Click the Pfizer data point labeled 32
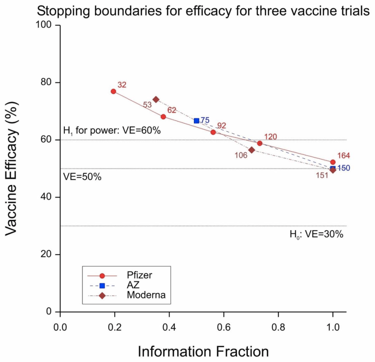click(113, 91)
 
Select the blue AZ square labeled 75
click(196, 121)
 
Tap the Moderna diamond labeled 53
click(156, 99)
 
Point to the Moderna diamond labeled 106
click(251, 150)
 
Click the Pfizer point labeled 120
click(260, 143)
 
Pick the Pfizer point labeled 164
click(333, 162)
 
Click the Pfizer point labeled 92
click(213, 132)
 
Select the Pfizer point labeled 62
click(163, 117)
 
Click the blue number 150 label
click(343, 168)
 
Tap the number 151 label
click(322, 175)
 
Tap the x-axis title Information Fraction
click(203, 351)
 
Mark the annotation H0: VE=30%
click(316, 234)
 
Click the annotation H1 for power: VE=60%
click(112, 131)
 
